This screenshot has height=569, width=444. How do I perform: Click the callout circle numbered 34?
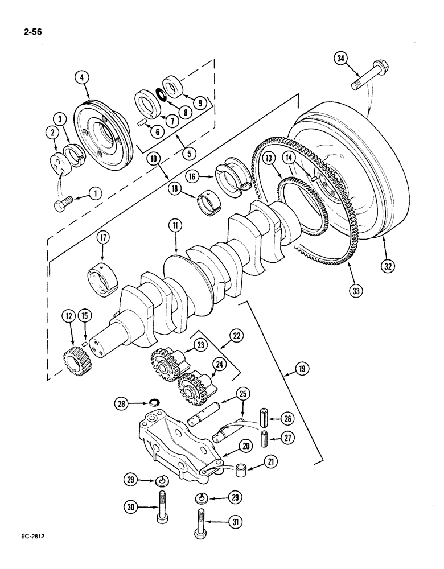(x=341, y=58)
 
